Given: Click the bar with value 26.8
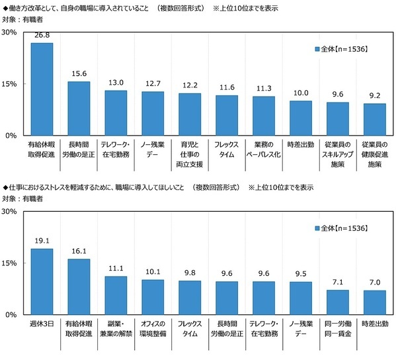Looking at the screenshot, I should (42, 89).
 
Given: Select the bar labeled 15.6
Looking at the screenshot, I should (79, 109).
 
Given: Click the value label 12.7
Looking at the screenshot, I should (153, 83).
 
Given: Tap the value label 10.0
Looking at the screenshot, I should (301, 93).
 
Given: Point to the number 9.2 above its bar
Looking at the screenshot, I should (375, 96).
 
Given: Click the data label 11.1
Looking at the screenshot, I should (116, 269).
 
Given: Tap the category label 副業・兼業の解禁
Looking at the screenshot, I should (116, 328).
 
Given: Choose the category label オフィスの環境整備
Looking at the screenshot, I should (153, 328).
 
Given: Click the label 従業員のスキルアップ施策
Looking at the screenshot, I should (338, 152).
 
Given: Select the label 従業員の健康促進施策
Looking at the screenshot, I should (375, 152).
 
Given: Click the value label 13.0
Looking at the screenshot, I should (116, 83).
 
